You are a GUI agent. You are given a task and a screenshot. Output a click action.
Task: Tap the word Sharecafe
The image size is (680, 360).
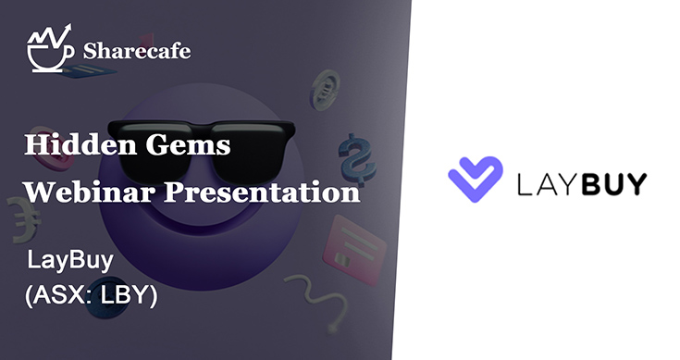136,51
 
